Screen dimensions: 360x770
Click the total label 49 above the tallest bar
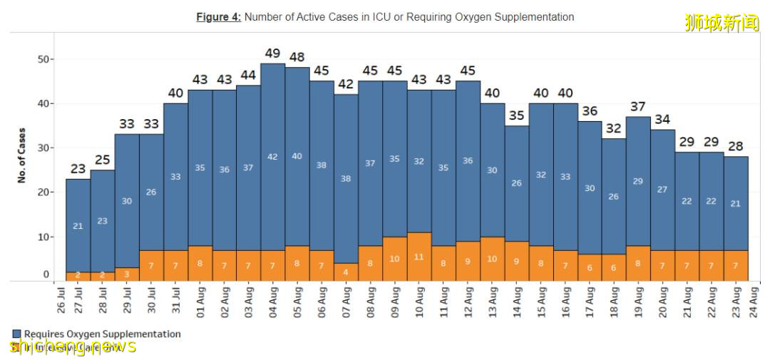click(x=272, y=53)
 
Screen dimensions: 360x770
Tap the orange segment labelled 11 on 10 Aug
click(x=419, y=257)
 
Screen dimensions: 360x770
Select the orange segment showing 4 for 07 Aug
click(x=346, y=272)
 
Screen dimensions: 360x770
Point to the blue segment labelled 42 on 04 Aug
click(x=272, y=157)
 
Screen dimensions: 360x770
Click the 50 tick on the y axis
click(x=43, y=59)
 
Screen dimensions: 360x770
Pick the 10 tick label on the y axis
click(x=43, y=237)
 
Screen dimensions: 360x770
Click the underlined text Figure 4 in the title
click(x=218, y=17)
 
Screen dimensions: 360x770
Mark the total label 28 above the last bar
click(x=735, y=146)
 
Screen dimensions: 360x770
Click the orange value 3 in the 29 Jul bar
click(x=127, y=274)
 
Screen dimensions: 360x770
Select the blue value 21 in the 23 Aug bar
click(x=735, y=204)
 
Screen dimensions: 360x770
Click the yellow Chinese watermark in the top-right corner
click(x=722, y=23)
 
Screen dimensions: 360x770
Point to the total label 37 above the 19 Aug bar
click(x=638, y=107)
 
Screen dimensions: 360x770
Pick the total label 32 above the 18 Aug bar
click(x=614, y=129)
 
